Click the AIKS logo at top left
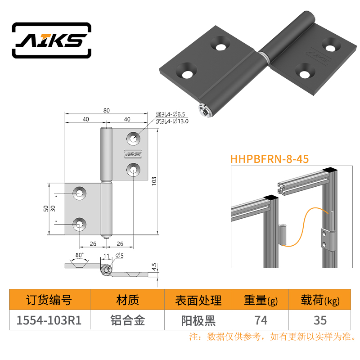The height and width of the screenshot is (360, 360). pos(52,40)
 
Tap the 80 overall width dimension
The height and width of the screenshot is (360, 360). pos(106,110)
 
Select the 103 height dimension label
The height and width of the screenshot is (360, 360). pos(154,181)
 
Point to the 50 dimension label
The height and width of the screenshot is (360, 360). pos(46,208)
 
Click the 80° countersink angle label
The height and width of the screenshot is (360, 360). pos(80,255)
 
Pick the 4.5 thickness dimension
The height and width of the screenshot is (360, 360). pos(154,267)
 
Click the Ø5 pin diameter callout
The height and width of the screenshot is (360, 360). pos(119,255)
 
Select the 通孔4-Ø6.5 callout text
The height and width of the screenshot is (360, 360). pos(171,114)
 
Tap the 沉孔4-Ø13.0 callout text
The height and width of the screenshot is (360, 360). pos(172,121)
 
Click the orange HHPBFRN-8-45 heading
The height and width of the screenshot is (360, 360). pos(270,159)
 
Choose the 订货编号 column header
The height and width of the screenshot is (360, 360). pos(49,300)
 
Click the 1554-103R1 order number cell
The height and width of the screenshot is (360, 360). pos(49,320)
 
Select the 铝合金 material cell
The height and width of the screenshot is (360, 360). pos(128,320)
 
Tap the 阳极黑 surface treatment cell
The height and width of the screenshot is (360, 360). pos(198,320)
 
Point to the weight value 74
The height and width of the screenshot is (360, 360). pos(261,320)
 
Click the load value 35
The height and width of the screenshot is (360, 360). pos(320,320)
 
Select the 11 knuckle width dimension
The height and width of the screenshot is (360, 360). pos(106,256)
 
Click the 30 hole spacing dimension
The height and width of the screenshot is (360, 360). pos(53,208)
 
